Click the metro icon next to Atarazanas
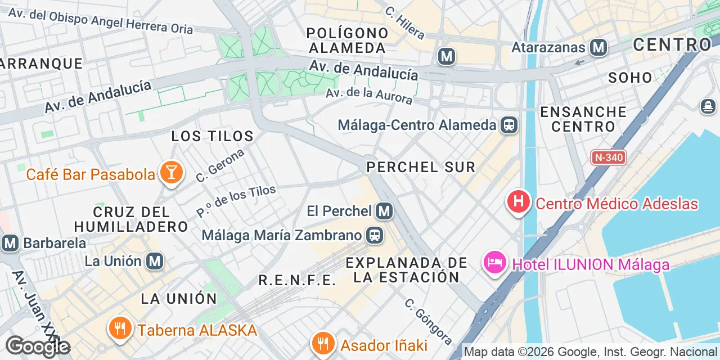tap(598, 47)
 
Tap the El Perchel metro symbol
tap(384, 211)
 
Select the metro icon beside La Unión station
tap(155, 261)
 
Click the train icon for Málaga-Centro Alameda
tap(509, 125)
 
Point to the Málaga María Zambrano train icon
tap(374, 235)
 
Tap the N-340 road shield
tap(609, 157)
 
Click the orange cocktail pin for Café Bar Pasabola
tap(171, 173)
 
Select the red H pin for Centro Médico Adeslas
tap(519, 201)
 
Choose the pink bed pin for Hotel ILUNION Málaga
tap(495, 263)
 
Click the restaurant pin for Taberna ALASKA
tap(120, 328)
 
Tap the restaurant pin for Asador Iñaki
tap(322, 342)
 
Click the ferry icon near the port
tap(708, 106)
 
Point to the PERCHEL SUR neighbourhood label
tap(421, 167)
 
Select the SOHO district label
tap(630, 78)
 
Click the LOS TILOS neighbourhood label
tap(213, 136)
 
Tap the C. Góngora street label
tap(429, 321)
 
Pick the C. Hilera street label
tap(405, 23)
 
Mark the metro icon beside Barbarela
tap(10, 244)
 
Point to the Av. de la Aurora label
tap(369, 96)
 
